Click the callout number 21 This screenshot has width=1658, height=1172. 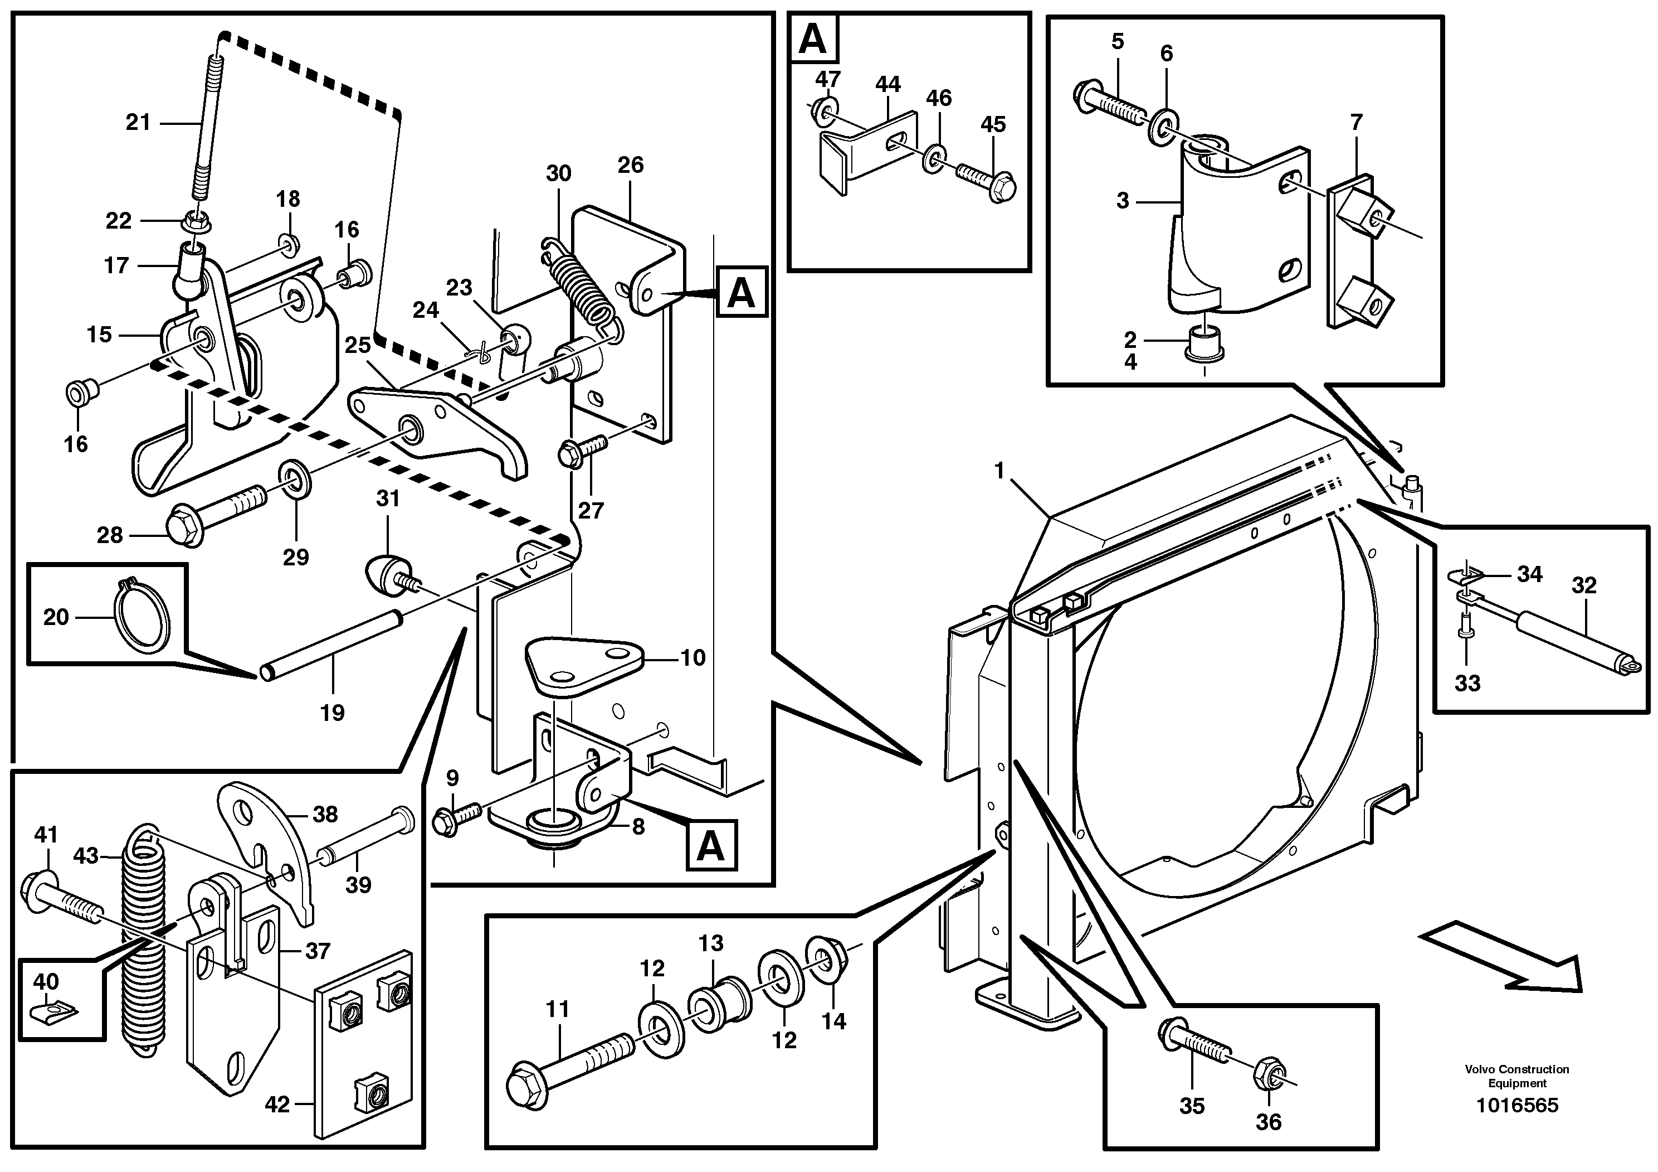tap(138, 123)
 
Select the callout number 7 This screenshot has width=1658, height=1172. tap(1355, 123)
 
